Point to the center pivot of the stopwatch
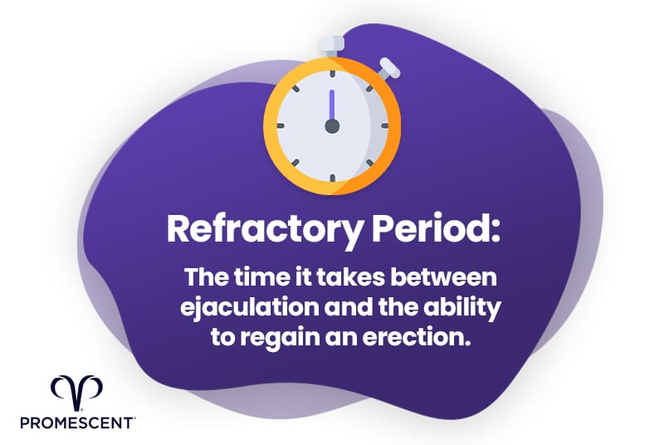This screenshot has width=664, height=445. pos(332,126)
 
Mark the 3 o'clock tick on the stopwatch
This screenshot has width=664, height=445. pos(384,126)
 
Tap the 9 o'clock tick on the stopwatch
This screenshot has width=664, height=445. pos(281,126)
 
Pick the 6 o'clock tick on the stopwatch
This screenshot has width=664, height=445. pos(332,178)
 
